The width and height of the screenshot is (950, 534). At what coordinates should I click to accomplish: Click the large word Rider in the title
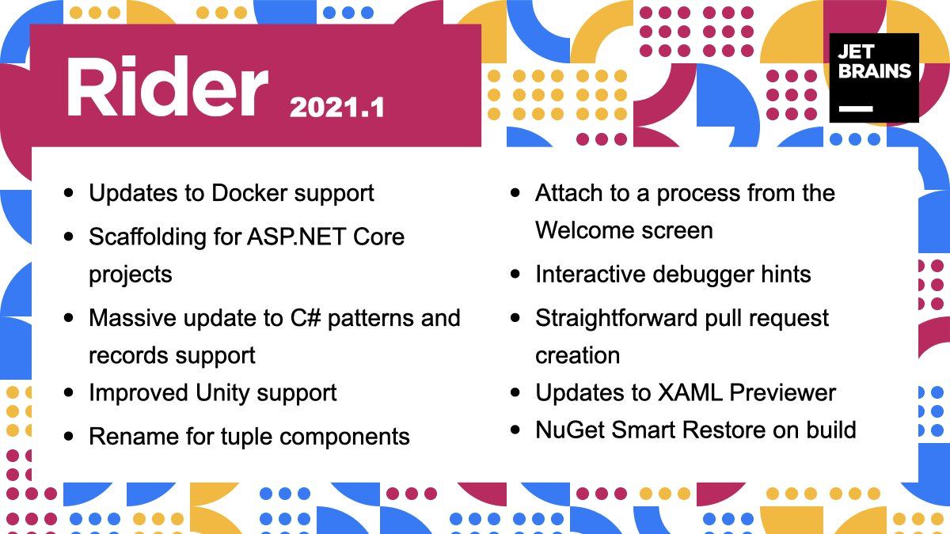pyautogui.click(x=167, y=86)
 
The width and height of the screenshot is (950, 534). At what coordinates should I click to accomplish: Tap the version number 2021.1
pyautogui.click(x=336, y=108)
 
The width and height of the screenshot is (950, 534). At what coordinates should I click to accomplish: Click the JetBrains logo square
pyautogui.click(x=874, y=78)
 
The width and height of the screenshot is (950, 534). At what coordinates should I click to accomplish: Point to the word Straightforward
pyautogui.click(x=616, y=318)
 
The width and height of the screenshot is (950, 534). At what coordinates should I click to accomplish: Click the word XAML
pyautogui.click(x=690, y=393)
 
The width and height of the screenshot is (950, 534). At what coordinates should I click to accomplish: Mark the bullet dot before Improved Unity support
pyautogui.click(x=68, y=392)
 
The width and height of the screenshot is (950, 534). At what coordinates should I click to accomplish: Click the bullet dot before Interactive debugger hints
pyautogui.click(x=515, y=274)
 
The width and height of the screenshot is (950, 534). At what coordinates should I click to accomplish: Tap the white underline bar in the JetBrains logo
pyautogui.click(x=856, y=109)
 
